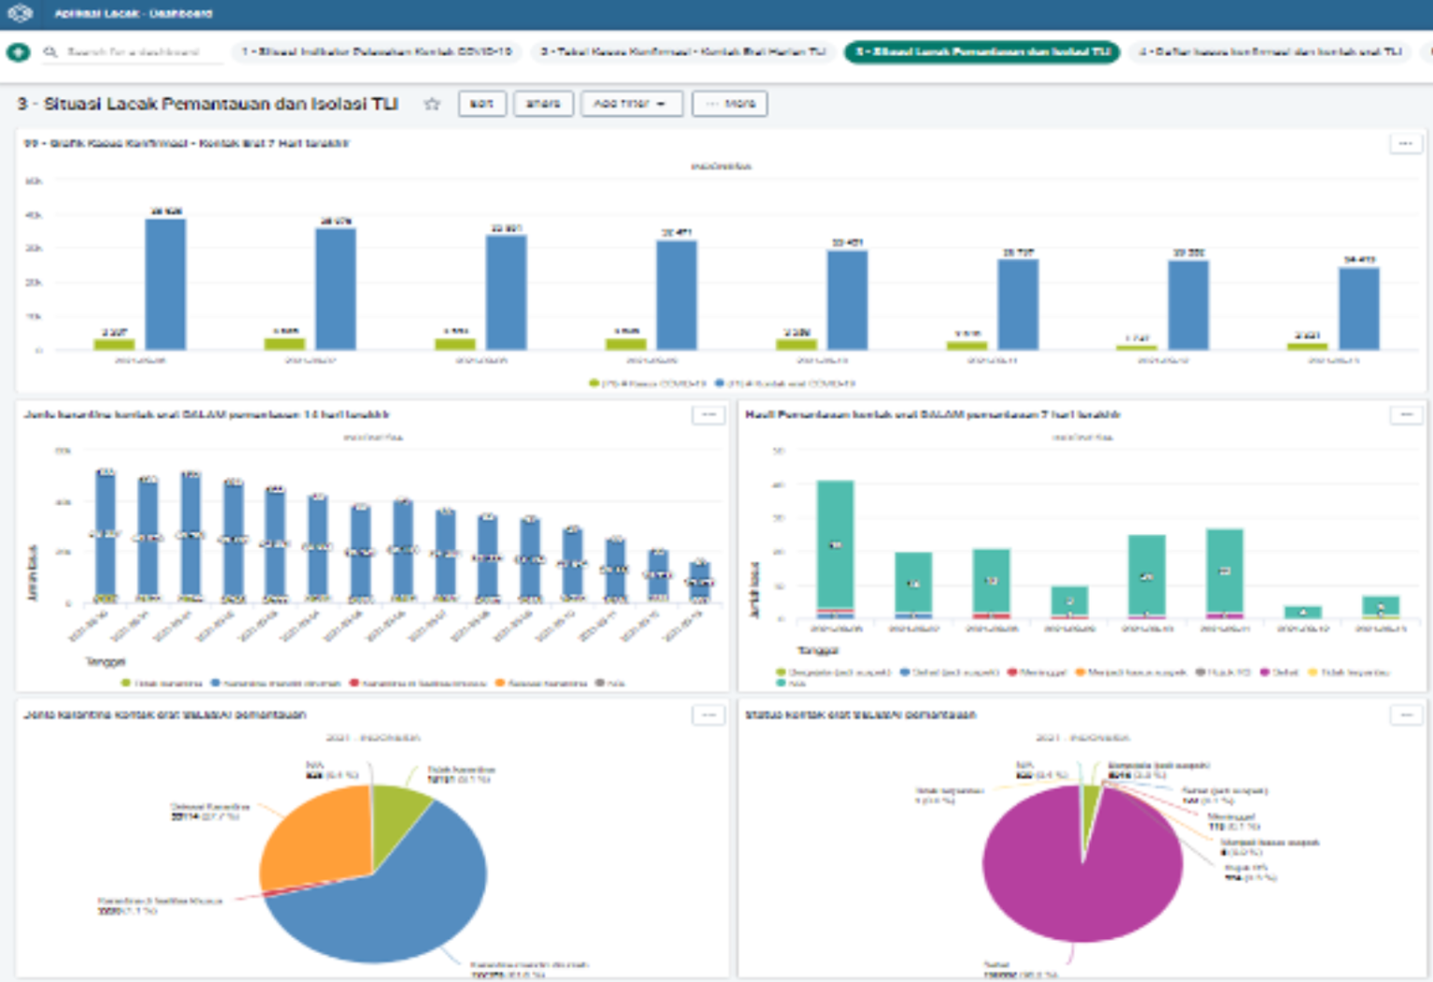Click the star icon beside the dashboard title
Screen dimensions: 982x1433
pyautogui.click(x=432, y=104)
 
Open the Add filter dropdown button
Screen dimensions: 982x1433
pyautogui.click(x=632, y=104)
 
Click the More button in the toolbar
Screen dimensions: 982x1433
pyautogui.click(x=730, y=104)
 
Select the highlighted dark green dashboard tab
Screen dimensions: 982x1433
pyautogui.click(x=982, y=52)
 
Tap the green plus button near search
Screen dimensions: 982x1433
pyautogui.click(x=18, y=52)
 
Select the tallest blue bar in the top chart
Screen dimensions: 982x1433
pyautogui.click(x=165, y=284)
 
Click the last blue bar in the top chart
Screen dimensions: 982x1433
pyautogui.click(x=1358, y=308)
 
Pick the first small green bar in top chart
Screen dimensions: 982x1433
pyautogui.click(x=114, y=344)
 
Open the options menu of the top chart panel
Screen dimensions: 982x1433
pyautogui.click(x=1406, y=144)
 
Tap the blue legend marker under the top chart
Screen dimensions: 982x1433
pyautogui.click(x=719, y=384)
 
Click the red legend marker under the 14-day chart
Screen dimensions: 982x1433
pyautogui.click(x=355, y=683)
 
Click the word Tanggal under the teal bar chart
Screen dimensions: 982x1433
pyautogui.click(x=817, y=651)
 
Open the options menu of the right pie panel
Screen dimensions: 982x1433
pyautogui.click(x=1406, y=715)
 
